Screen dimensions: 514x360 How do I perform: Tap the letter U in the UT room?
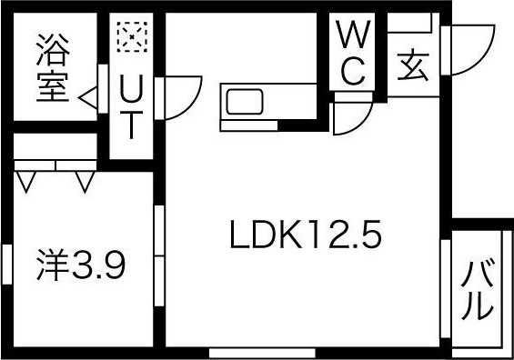132,89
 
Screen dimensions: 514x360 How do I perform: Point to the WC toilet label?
353,53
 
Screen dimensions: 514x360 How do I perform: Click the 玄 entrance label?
413,65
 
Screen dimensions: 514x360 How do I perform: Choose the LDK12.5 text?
303,237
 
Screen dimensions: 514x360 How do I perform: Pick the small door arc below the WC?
351,118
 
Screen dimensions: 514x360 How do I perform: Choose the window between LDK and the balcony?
446,291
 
